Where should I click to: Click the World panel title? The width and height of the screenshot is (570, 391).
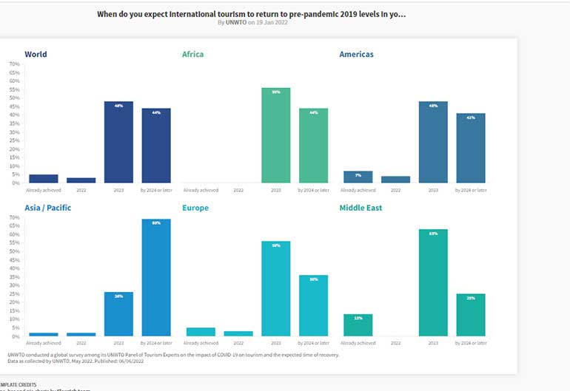[36, 54]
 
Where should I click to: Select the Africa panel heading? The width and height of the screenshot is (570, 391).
[192, 54]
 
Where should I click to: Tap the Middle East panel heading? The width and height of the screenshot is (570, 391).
[361, 208]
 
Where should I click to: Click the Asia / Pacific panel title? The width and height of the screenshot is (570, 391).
[47, 208]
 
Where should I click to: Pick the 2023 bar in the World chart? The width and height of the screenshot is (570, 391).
[118, 142]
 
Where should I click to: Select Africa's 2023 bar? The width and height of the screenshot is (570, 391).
[275, 135]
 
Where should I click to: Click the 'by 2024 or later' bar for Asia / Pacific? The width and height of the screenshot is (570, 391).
[156, 278]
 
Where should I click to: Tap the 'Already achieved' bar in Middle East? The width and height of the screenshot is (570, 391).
[358, 325]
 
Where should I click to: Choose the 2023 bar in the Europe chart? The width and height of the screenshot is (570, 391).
[275, 289]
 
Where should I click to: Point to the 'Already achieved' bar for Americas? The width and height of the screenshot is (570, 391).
[358, 177]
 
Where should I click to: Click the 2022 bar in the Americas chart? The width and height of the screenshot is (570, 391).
[395, 179]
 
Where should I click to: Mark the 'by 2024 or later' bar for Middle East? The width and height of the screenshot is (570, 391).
[470, 315]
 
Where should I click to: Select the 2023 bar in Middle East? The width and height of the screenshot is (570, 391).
[433, 283]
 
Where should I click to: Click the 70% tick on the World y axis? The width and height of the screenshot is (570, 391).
[14, 64]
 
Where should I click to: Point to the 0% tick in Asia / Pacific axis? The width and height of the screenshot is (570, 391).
[16, 336]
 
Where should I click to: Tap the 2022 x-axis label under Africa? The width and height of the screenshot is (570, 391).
[238, 190]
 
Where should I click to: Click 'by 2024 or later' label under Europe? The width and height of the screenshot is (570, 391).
[313, 344]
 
